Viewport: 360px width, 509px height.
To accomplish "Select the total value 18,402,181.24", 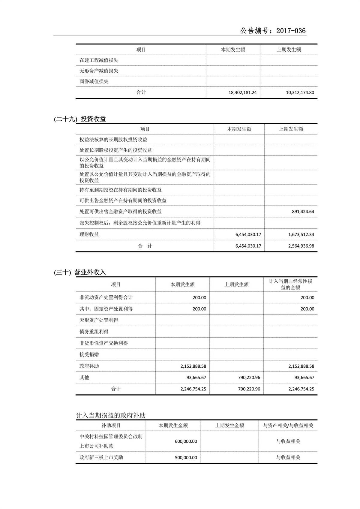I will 242,92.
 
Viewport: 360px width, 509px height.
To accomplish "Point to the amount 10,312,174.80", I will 300,92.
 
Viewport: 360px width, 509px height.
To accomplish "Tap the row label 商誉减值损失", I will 94,81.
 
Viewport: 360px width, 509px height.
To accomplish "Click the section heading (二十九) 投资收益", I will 80,119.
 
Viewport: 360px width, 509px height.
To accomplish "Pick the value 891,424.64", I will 303,212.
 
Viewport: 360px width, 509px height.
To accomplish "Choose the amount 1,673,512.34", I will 301,234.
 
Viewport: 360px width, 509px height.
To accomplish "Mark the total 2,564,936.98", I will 301,246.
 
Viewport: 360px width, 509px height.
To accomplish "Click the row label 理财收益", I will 89,234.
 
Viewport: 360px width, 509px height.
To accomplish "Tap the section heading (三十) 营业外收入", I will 80,272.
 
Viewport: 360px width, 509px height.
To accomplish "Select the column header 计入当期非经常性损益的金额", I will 290,284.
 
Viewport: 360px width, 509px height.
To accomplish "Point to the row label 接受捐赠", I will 89,354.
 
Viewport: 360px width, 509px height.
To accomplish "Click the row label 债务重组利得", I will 94,332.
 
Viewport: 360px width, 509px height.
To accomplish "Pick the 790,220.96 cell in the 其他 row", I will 249,378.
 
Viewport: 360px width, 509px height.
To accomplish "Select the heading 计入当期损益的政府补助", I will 111,415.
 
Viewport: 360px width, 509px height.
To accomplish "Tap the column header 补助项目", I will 111,426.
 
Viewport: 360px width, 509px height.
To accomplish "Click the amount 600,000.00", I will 186,441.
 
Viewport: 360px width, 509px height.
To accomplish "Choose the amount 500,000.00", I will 186,458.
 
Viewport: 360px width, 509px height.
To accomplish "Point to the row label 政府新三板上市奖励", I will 101,457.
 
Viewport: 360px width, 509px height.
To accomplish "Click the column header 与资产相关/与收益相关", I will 288,426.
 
